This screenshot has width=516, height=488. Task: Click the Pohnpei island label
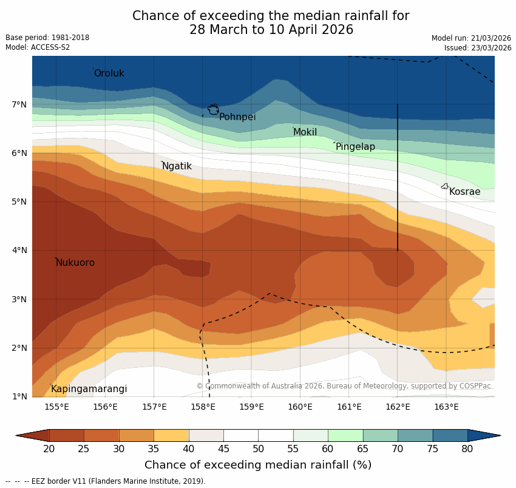point(237,117)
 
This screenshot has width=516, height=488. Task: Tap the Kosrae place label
point(464,192)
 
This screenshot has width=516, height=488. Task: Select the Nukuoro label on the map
point(75,263)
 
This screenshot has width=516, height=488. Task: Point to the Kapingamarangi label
point(89,389)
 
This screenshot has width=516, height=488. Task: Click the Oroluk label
point(109,73)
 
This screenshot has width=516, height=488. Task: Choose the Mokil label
point(305,132)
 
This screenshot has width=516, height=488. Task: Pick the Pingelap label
point(355,147)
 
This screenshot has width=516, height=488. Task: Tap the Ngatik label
point(177,166)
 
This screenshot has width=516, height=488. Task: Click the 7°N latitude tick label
point(19,105)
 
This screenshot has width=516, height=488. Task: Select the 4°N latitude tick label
point(19,251)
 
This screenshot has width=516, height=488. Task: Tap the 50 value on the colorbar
point(258,449)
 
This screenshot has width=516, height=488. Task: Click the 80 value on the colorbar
point(467,449)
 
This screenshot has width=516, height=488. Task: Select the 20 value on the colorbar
point(49,449)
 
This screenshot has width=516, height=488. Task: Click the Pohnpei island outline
point(213,109)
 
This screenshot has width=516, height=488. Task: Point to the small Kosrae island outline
point(444,186)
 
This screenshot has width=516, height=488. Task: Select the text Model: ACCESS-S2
point(38,47)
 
